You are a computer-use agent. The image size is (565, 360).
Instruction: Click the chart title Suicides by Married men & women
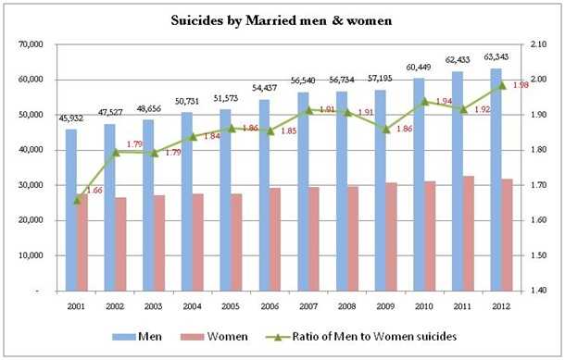click(282, 19)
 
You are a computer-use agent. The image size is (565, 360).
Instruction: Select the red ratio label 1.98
click(518, 84)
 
